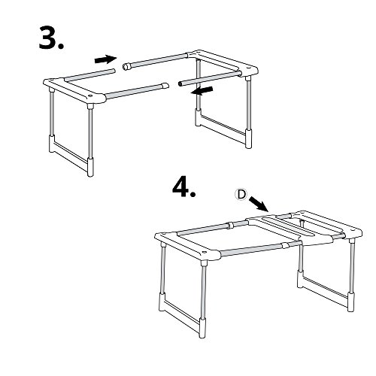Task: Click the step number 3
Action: pyautogui.click(x=51, y=38)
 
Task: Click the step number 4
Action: pyautogui.click(x=183, y=187)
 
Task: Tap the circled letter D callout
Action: pyautogui.click(x=241, y=195)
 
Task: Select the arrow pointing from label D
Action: pyautogui.click(x=259, y=204)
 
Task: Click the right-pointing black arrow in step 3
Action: pyautogui.click(x=105, y=59)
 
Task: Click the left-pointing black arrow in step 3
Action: pyautogui.click(x=202, y=91)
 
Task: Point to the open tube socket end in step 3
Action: pyautogui.click(x=127, y=66)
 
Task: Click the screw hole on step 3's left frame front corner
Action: pyautogui.click(x=89, y=96)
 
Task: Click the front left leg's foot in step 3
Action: pyautogui.click(x=90, y=167)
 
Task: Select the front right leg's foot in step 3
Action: pyautogui.click(x=248, y=139)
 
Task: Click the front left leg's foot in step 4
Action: pyautogui.click(x=202, y=328)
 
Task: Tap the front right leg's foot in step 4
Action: pyautogui.click(x=350, y=302)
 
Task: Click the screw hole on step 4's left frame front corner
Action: pyautogui.click(x=205, y=252)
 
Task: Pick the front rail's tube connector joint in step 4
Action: pyautogui.click(x=285, y=245)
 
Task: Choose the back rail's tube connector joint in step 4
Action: pyautogui.click(x=231, y=224)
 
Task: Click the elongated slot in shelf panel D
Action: pyautogui.click(x=288, y=226)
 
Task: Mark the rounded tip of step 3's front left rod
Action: pyautogui.click(x=165, y=86)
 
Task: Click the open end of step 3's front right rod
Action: pyautogui.click(x=180, y=83)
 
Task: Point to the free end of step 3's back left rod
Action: pyautogui.click(x=114, y=71)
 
